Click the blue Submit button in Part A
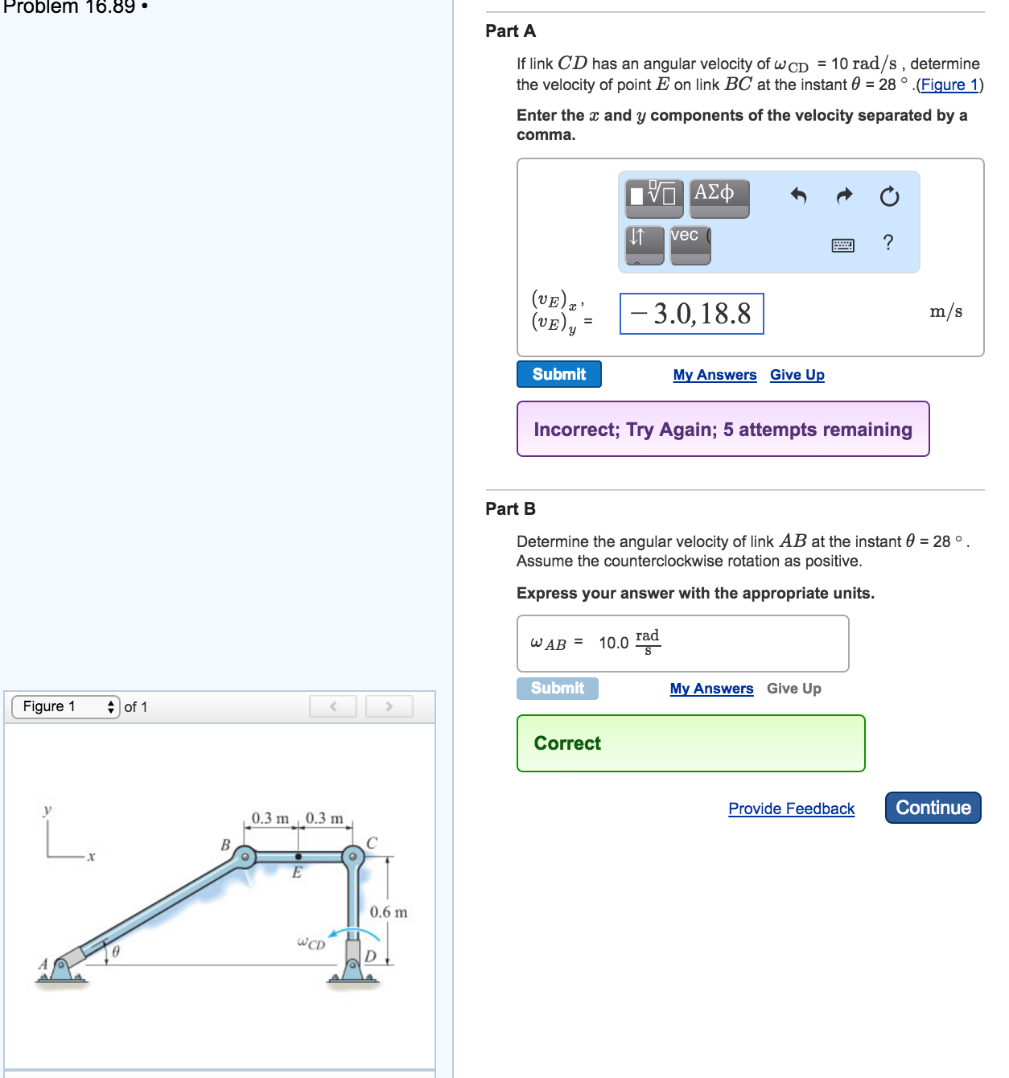(x=558, y=374)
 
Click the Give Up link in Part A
(x=797, y=375)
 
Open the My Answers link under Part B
(x=711, y=689)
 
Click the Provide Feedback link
(x=791, y=808)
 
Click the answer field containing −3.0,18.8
(x=691, y=314)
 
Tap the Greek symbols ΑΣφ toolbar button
(x=719, y=197)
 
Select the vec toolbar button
(x=690, y=244)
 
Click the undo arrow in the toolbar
(x=798, y=195)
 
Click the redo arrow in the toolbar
(x=844, y=195)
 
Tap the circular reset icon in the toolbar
(x=889, y=196)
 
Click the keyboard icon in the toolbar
(x=842, y=245)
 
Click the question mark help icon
(x=888, y=242)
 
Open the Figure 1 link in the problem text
(x=949, y=85)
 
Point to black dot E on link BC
(x=299, y=857)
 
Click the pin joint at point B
(x=245, y=857)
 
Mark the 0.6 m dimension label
(x=389, y=912)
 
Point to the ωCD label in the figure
(x=311, y=943)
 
